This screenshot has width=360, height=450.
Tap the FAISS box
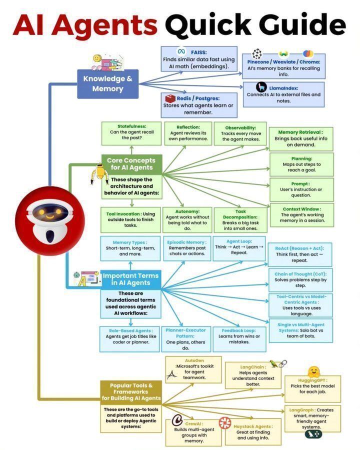(x=198, y=59)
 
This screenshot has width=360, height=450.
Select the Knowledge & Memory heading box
(x=107, y=83)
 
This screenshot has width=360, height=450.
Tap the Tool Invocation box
(x=131, y=218)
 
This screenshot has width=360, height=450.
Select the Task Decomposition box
(x=240, y=220)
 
